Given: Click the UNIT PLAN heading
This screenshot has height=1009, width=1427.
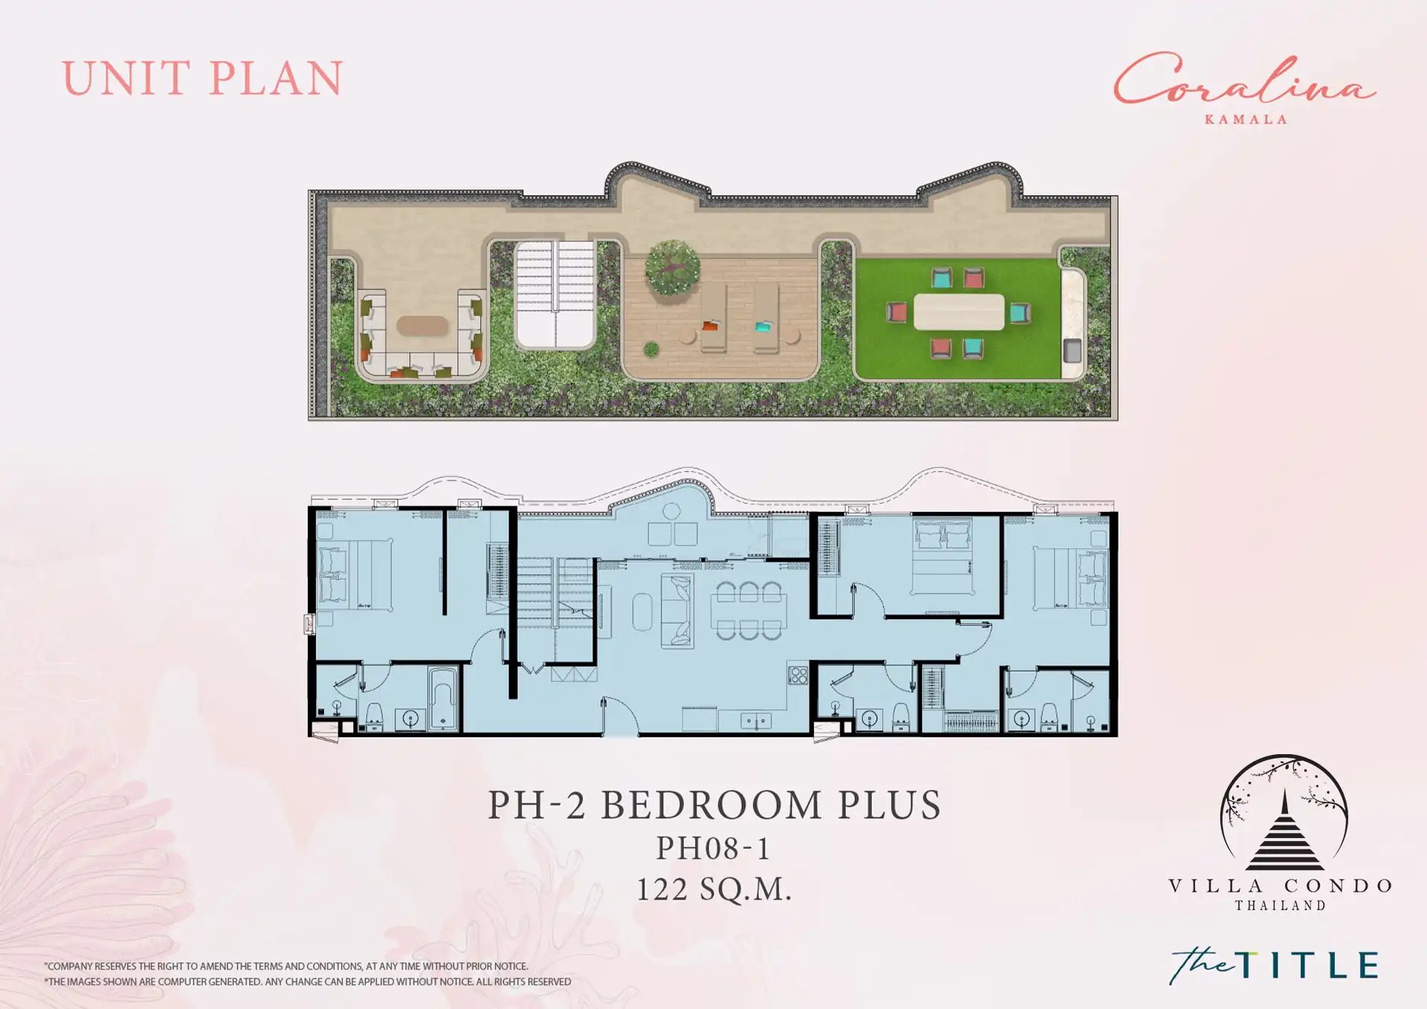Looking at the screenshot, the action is pos(202,79).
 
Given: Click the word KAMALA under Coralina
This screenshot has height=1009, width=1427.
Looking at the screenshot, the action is pos(1246,120).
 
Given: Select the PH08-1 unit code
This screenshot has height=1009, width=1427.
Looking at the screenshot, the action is pos(713,849).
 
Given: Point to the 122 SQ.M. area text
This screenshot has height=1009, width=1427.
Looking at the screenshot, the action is pos(713,889).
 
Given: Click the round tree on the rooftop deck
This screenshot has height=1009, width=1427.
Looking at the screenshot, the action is pos(672,267).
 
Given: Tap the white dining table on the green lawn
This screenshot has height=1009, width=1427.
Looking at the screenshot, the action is pos(959,312).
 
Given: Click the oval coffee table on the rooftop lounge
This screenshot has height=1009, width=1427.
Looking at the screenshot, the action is pos(422,325).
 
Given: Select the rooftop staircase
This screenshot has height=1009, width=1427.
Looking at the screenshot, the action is pos(555,293).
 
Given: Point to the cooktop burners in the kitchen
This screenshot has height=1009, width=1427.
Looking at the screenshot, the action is pos(798,675).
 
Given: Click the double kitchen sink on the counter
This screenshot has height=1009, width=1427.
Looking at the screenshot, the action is pos(756,721).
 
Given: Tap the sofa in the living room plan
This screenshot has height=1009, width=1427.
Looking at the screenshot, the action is pos(677,611).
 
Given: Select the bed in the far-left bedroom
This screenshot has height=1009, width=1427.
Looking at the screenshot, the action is pos(355,575).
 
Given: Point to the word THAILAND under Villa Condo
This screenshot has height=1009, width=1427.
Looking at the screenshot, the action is pos(1281,906).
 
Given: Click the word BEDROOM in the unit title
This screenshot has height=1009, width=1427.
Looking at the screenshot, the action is pos(711,805).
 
